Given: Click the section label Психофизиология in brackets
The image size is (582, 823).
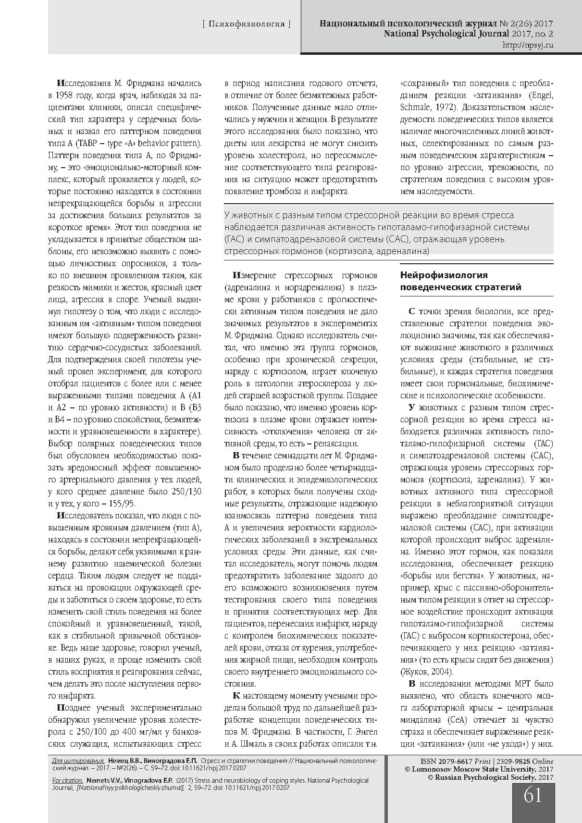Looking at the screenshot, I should [247, 24].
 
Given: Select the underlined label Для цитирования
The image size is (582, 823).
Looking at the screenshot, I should [78, 762].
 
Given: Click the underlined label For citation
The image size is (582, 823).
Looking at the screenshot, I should [67, 781].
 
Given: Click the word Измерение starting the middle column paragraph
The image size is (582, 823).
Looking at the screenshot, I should [254, 275].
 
